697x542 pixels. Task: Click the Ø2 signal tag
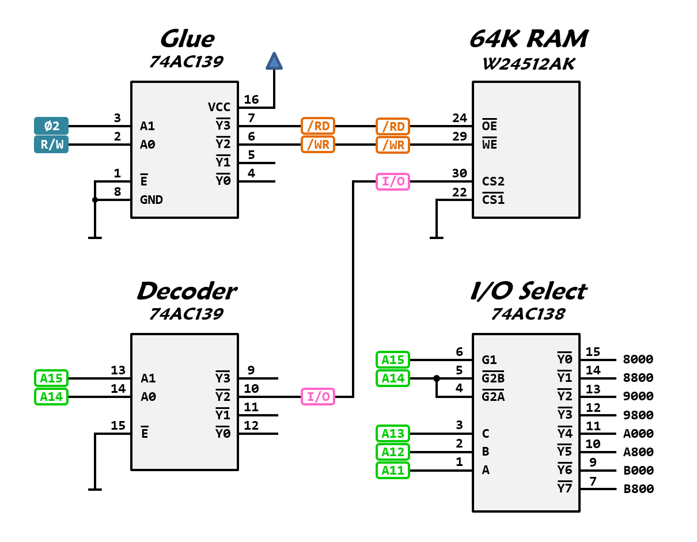[51, 126]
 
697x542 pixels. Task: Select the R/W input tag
[51, 144]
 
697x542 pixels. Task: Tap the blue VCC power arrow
[274, 62]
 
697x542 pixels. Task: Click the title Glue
[187, 39]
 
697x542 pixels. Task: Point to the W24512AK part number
[528, 63]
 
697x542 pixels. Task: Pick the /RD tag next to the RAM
[393, 126]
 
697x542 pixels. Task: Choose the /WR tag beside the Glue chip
[318, 144]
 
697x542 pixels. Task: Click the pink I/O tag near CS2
[393, 181]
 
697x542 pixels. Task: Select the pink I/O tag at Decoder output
[318, 396]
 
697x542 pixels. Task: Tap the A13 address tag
[393, 433]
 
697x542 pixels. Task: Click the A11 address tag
[393, 470]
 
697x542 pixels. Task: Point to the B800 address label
[639, 489]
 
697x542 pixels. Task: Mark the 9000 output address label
[639, 396]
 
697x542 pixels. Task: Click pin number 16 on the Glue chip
[251, 100]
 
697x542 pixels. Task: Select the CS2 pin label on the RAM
[493, 181]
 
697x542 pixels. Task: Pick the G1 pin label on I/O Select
[490, 360]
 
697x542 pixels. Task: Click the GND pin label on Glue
[151, 200]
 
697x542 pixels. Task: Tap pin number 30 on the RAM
[459, 173]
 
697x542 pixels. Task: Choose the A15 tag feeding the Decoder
[51, 378]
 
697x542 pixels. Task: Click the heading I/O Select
[528, 291]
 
